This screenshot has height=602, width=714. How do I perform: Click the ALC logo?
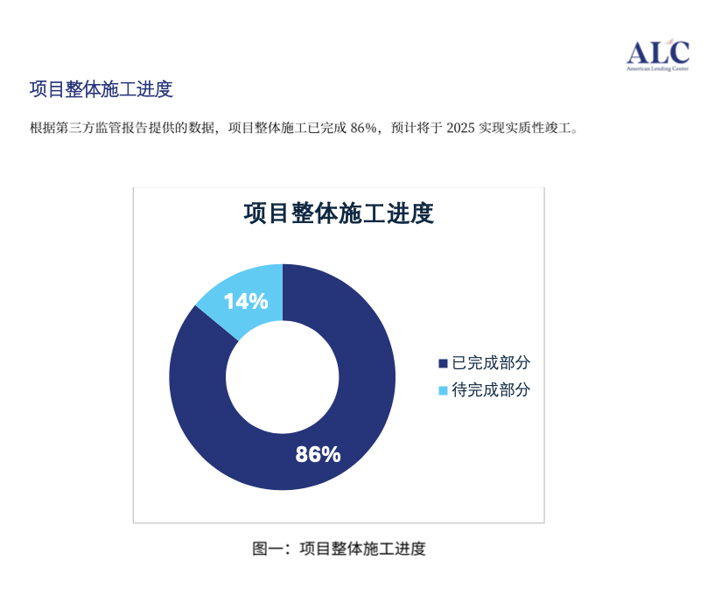coord(657,54)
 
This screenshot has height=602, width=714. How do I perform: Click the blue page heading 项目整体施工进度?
coord(101,89)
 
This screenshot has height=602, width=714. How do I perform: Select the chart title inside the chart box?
coord(339,213)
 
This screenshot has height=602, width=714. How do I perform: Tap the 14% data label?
coord(246,302)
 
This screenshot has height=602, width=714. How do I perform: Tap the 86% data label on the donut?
coord(318,454)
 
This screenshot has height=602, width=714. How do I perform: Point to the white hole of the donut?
coord(283,377)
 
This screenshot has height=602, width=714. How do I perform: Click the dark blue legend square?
coord(443,363)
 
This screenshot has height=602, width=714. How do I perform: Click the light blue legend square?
coord(443,391)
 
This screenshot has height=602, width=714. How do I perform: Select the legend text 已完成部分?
coord(491,363)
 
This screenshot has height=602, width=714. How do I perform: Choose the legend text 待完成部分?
coord(491,390)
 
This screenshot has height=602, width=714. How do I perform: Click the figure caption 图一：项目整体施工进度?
coord(339,549)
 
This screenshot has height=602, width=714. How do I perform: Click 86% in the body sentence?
coord(363,128)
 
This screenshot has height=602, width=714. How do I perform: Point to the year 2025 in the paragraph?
coord(460,128)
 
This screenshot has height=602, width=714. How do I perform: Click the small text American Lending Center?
coord(657,69)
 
